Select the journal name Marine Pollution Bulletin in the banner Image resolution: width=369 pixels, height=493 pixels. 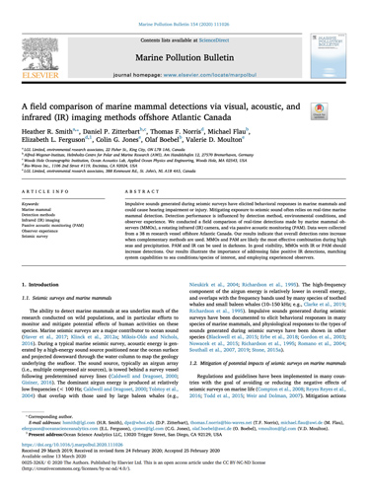[184, 44]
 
